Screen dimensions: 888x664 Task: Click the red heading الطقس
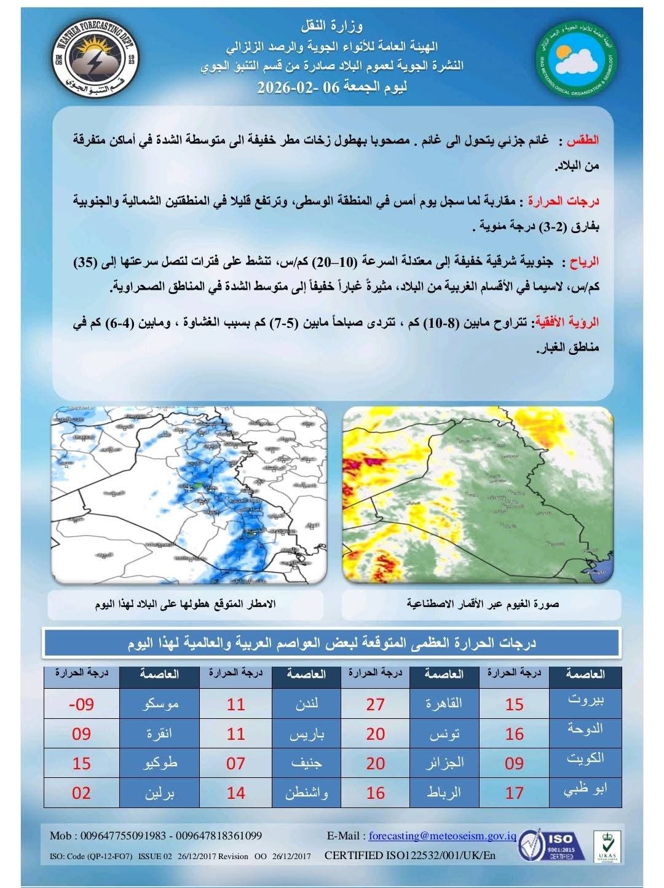click(582, 141)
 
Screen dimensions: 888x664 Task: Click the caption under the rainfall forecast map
click(186, 604)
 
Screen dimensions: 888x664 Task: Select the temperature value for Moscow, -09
click(81, 704)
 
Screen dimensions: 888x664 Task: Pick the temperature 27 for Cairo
click(375, 704)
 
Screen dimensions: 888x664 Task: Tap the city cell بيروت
click(585, 700)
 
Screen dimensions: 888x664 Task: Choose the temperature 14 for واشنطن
click(235, 793)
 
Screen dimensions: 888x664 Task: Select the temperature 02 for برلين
click(81, 793)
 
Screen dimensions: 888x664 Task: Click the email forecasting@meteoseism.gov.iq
click(441, 836)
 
